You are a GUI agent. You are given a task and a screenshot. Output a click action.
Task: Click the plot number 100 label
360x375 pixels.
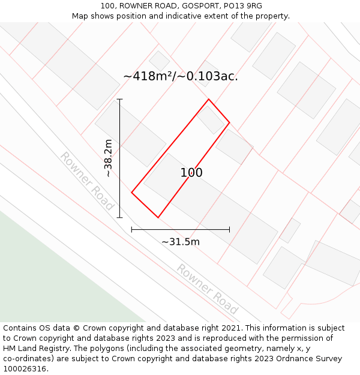click(191, 173)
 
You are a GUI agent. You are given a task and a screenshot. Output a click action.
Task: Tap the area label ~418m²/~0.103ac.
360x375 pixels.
click(181, 76)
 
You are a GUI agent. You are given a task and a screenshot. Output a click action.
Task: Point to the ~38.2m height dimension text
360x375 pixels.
click(108, 158)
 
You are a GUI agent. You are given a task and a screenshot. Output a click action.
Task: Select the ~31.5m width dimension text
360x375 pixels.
click(181, 242)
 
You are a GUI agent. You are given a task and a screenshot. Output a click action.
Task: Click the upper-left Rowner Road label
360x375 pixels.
click(87, 181)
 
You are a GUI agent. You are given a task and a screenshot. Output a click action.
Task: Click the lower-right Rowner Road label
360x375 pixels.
click(207, 289)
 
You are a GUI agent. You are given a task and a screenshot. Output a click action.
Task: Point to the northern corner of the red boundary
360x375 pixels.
click(208, 100)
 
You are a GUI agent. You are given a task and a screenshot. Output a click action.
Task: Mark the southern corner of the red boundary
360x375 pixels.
click(158, 217)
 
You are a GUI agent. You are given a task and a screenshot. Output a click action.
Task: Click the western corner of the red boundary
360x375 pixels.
click(132, 193)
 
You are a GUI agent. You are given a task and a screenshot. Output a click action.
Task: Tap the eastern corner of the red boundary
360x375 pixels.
click(229, 122)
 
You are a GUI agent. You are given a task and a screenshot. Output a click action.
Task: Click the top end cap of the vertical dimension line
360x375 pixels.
click(120, 100)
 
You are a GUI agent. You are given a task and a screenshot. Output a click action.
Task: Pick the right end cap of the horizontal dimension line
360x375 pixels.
click(229, 229)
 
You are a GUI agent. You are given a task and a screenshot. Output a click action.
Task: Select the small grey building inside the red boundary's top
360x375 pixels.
click(211, 119)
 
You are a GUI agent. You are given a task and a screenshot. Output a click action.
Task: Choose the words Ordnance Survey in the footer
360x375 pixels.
click(310, 359)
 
